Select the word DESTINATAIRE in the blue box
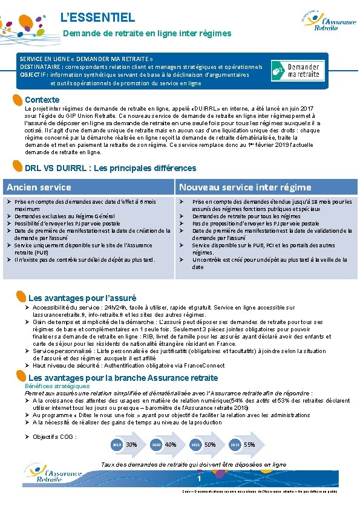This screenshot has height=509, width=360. pyautogui.click(x=41, y=67)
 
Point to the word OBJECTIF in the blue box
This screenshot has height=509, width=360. pyautogui.click(x=34, y=75)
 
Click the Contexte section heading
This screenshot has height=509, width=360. pyautogui.click(x=42, y=100)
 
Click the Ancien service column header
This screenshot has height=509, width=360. pyautogui.click(x=39, y=187)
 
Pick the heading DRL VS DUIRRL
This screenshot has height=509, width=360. pyautogui.click(x=110, y=168)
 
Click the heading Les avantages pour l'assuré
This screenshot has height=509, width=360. pyautogui.click(x=82, y=298)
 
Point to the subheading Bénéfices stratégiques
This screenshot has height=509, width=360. pyautogui.click(x=57, y=386)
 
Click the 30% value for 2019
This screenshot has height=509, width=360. pyautogui.click(x=131, y=444)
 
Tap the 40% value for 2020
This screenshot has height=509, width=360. pyautogui.click(x=171, y=444)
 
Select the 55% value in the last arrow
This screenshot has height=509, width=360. pyautogui.click(x=249, y=444)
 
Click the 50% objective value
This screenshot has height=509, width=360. pyautogui.click(x=210, y=444)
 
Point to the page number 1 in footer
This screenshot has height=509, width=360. pyautogui.click(x=199, y=479)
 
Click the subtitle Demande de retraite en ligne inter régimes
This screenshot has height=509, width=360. pyautogui.click(x=147, y=33)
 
